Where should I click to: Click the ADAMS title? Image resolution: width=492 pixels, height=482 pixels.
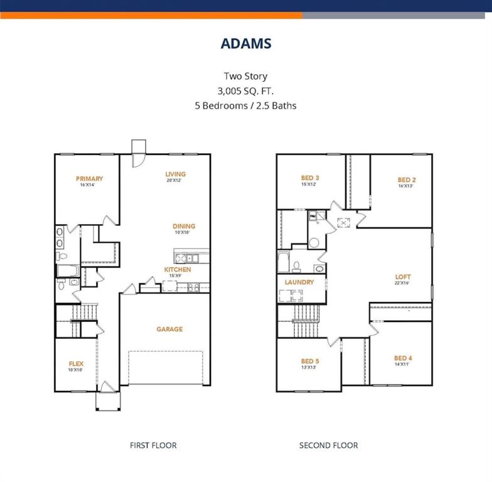tap(246, 43)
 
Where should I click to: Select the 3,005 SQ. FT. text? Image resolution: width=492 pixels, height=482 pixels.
tap(246, 91)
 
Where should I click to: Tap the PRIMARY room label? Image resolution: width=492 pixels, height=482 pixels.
tap(89, 178)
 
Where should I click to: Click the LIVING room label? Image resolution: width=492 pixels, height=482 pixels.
tap(175, 174)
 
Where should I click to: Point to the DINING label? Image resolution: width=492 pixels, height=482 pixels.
tap(184, 226)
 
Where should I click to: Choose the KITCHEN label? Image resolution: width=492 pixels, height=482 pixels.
tap(178, 269)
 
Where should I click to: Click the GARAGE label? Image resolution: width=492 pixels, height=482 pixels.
tap(169, 329)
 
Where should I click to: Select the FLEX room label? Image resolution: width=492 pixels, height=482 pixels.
tap(76, 363)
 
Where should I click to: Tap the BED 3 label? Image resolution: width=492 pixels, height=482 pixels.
tap(310, 178)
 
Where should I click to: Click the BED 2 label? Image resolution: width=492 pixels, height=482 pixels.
tap(407, 179)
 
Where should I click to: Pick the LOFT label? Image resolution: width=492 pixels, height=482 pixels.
tap(402, 277)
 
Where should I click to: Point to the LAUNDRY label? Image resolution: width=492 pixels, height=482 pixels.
tap(299, 282)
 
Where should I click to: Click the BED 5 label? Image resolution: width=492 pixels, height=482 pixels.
tap(310, 361)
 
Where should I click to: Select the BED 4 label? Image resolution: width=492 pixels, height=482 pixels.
tap(403, 358)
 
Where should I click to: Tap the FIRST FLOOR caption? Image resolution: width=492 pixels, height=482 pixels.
tap(153, 446)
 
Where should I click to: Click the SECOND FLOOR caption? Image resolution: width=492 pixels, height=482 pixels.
tap(328, 446)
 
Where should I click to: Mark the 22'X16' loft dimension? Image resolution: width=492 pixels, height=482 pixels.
tap(402, 283)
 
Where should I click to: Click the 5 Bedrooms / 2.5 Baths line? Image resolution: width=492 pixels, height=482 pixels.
tap(246, 106)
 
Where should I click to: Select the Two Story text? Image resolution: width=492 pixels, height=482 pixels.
tap(246, 76)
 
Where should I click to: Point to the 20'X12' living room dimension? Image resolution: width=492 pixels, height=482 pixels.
tap(175, 181)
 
